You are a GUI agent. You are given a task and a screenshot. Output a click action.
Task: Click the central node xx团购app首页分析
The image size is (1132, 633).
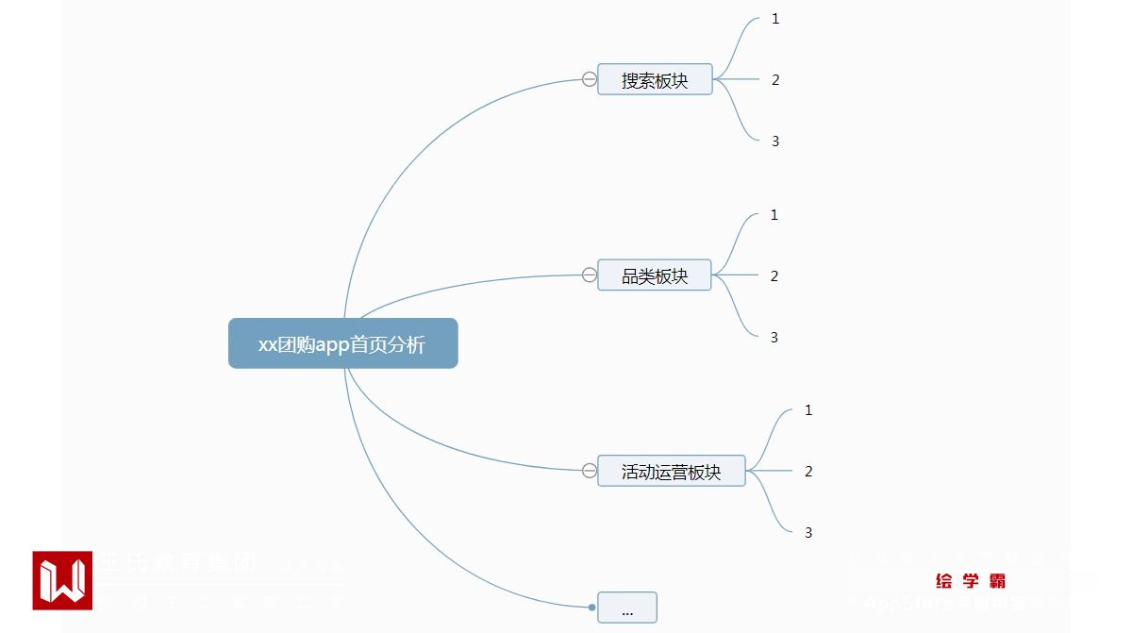[342, 343]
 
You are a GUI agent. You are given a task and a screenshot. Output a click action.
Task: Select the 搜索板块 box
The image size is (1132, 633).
[655, 80]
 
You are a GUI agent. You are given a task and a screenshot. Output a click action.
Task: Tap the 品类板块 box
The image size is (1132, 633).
[655, 275]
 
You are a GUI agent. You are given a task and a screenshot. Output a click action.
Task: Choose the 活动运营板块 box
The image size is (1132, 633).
[671, 471]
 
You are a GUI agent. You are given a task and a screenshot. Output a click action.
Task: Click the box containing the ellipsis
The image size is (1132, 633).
[627, 608]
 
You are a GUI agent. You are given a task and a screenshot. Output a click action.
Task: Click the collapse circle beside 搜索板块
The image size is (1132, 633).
[590, 79]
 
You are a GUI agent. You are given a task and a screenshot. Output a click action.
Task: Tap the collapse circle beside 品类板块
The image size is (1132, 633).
[590, 275]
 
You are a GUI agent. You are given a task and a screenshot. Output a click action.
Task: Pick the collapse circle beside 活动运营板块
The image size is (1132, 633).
[590, 471]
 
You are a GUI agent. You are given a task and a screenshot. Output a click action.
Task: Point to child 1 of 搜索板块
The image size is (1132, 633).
[775, 19]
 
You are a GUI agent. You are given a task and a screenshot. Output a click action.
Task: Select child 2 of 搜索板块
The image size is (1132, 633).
[775, 80]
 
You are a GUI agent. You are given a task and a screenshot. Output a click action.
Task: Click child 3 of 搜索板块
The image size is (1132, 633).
[775, 142]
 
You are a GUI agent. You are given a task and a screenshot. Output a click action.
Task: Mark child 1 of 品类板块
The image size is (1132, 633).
[774, 215]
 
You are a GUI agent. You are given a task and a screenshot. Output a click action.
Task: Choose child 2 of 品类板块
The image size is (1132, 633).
[774, 276]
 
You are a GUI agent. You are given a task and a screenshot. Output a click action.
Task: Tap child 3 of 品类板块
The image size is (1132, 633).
[774, 338]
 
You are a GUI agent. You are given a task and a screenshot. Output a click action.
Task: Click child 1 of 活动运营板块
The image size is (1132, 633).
[808, 410]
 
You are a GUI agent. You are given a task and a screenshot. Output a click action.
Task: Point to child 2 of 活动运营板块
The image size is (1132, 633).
[808, 472]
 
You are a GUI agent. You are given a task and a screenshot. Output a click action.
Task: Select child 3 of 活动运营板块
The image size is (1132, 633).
[808, 533]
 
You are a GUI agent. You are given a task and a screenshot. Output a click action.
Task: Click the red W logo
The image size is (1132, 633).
[62, 580]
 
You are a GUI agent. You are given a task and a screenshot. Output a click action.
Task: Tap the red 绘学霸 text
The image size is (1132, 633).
[971, 581]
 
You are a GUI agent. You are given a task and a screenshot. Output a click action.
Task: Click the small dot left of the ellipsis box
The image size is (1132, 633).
[591, 608]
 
